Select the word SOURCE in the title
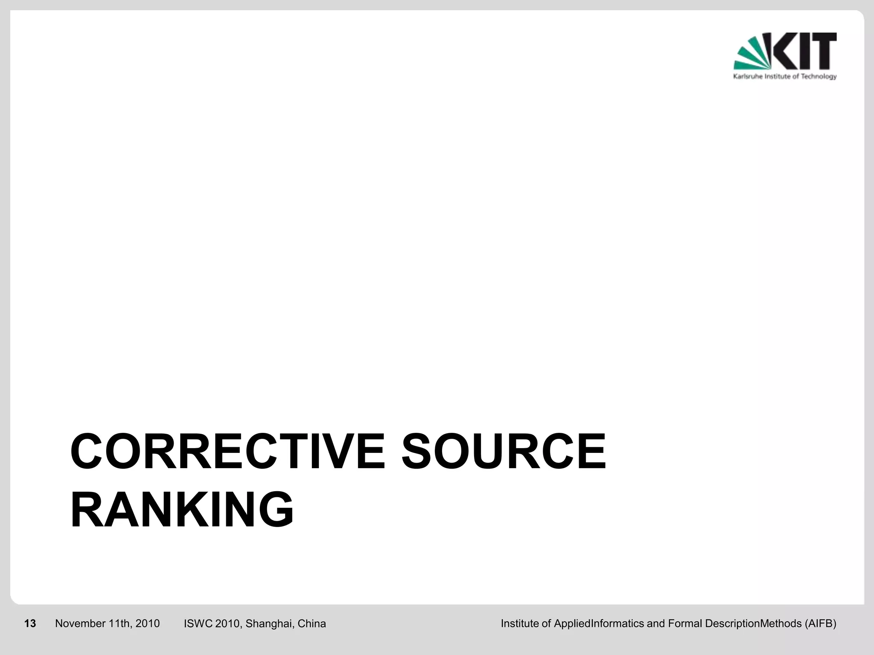pos(504,451)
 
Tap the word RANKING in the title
pos(182,510)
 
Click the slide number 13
pos(30,624)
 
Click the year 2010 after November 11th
pos(147,624)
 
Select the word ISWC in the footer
pos(198,624)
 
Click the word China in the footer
pos(312,624)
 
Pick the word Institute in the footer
pos(519,624)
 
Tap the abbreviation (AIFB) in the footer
pos(820,624)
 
